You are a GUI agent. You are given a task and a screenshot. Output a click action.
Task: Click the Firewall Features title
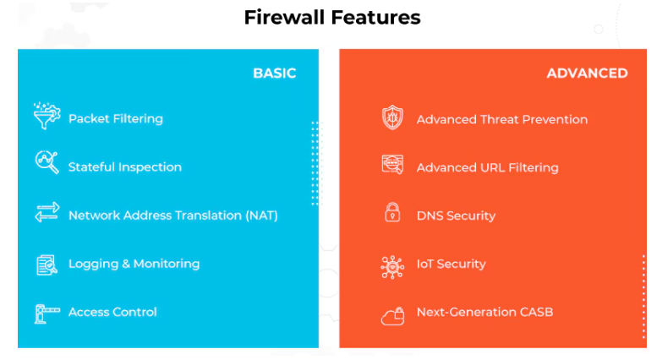point(331,18)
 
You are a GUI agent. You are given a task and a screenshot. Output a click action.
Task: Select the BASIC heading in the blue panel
point(274,73)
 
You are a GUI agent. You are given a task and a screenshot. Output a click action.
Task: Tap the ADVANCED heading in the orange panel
point(587,73)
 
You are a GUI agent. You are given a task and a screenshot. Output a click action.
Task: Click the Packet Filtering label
point(115,118)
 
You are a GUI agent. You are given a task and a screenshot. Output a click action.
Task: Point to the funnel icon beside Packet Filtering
point(47,117)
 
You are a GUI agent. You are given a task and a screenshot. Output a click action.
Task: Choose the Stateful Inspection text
point(124,166)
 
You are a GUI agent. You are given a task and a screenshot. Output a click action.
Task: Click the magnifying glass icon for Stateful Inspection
point(47,162)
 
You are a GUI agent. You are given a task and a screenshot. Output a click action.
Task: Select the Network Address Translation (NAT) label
point(172,215)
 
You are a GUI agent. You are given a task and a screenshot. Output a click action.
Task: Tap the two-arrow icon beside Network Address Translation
point(47,213)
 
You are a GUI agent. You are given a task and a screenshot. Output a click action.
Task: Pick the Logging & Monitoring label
point(134,263)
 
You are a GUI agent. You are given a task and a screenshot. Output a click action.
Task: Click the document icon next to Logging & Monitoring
point(47,265)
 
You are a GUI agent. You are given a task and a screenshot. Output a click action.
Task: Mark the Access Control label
point(112,312)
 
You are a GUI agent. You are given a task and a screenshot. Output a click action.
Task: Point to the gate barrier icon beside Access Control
point(47,314)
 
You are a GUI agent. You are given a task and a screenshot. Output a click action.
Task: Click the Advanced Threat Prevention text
point(501,119)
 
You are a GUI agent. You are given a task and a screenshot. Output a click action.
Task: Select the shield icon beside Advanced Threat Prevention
point(392,117)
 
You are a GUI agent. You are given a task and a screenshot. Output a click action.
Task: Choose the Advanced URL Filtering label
point(487,167)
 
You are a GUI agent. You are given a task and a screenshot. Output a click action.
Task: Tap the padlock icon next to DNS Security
point(392,213)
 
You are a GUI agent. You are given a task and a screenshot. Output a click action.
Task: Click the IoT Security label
point(451,264)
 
